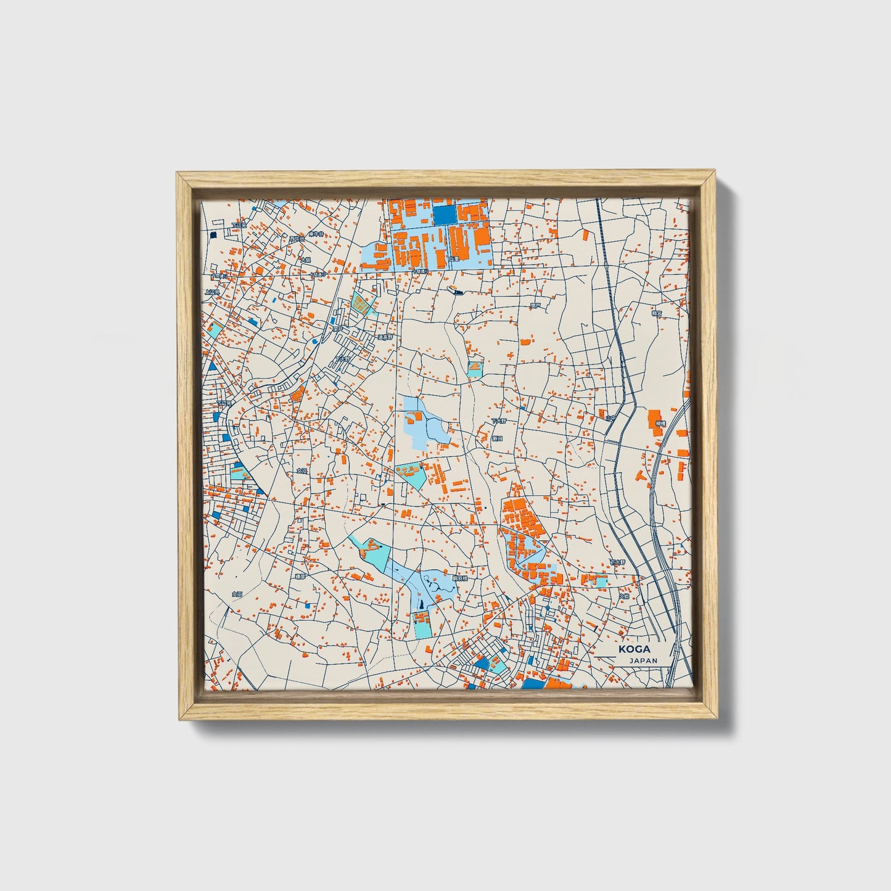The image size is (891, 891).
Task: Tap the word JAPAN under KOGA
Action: (x=643, y=660)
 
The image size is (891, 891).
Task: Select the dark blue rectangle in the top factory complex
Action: (x=444, y=214)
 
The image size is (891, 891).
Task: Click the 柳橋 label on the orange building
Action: (x=660, y=424)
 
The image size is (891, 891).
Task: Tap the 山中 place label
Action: (x=610, y=417)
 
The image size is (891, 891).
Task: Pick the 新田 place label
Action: (x=496, y=437)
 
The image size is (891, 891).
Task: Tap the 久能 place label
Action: (x=625, y=596)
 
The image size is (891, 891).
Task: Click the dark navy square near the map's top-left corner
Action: (x=214, y=235)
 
